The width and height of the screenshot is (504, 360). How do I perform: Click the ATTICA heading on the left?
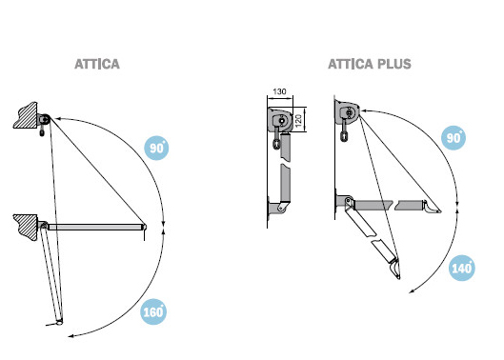[97, 64]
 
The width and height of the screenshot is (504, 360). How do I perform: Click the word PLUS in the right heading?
[394, 64]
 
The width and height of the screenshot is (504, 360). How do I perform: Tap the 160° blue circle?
[153, 311]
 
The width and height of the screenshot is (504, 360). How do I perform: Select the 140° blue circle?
[461, 268]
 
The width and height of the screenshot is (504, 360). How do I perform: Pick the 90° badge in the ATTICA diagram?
[156, 148]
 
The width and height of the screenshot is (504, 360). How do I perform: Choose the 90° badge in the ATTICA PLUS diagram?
[454, 137]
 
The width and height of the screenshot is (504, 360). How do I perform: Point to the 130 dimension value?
[279, 91]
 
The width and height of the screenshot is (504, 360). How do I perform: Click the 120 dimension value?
[298, 121]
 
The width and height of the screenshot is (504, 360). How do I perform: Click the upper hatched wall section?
[26, 115]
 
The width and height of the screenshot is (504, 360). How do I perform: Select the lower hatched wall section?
[27, 228]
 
